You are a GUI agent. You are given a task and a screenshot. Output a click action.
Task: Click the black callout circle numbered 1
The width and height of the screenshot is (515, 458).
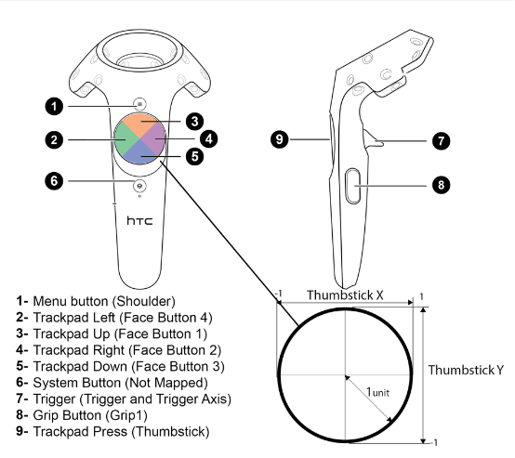54,107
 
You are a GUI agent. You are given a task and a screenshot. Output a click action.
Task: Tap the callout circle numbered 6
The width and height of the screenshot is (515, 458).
54,181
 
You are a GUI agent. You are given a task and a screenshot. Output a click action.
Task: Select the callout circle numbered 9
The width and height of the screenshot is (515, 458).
280,139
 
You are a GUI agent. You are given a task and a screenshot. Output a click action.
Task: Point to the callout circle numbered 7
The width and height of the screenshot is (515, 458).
441,141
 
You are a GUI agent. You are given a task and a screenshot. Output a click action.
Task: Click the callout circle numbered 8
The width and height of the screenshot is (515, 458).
441,185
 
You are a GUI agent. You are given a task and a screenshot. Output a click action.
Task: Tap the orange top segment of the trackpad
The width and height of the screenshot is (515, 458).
140,124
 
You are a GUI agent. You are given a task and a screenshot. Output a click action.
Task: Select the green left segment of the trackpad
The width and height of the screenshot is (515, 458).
123,139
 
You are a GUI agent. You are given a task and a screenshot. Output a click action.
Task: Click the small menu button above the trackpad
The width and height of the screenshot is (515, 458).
140,104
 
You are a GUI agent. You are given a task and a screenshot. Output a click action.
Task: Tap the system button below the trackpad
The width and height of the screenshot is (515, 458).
140,186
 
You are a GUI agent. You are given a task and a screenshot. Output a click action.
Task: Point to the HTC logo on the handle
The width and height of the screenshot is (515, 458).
140,220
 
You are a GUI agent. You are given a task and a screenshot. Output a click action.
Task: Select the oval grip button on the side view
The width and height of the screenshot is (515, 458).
352,186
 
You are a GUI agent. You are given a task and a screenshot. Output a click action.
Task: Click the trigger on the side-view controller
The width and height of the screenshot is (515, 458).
373,138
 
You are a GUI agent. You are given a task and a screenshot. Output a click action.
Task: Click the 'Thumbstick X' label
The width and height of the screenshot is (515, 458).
345,294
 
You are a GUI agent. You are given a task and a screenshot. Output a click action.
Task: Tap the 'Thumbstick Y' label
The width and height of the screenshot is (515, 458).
466,370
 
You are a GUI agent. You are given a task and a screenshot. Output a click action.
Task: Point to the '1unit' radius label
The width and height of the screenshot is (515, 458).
377,392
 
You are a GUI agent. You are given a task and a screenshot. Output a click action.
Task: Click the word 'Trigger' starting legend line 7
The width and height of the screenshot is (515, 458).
54,399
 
